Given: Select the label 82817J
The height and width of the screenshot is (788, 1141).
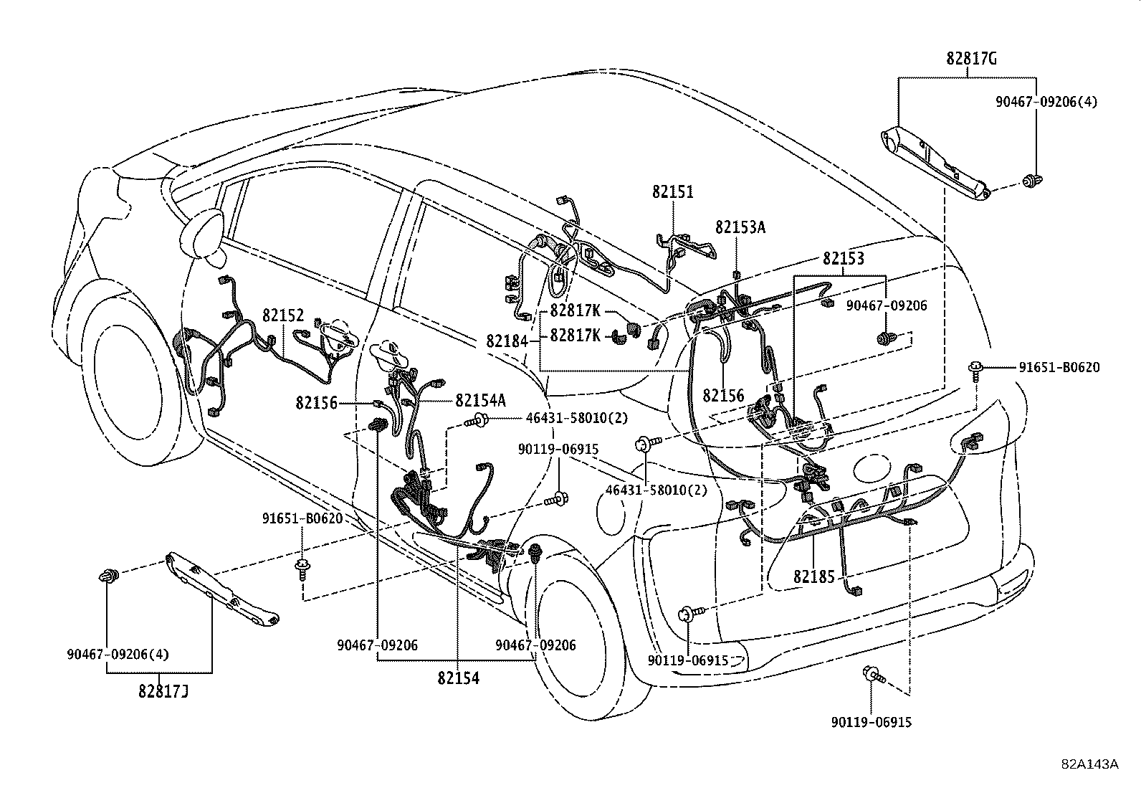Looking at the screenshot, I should click(163, 691).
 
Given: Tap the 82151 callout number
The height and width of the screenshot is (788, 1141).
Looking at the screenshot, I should click(673, 192).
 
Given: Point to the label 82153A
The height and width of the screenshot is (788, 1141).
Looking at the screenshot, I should click(740, 227).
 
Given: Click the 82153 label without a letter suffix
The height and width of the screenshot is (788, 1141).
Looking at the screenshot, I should click(843, 259).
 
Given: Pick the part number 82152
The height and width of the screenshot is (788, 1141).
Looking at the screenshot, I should click(283, 315).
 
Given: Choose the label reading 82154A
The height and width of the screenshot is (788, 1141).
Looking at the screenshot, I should click(480, 400).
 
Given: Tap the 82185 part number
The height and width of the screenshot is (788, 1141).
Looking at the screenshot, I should click(814, 576).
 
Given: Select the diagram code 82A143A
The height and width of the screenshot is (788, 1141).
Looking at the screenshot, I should click(1090, 764).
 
